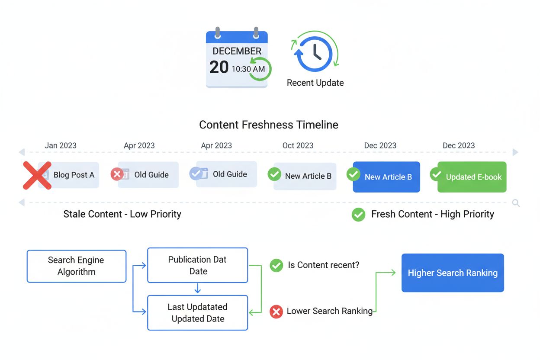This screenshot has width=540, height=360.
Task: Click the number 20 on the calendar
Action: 219,67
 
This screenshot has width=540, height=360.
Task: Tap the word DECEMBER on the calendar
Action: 237,51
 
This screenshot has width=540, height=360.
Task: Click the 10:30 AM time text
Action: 248,69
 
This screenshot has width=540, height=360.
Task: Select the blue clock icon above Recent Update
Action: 315,54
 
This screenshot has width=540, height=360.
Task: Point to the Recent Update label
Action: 315,83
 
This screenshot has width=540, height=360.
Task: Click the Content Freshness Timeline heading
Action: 268,125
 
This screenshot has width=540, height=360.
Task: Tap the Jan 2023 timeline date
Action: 61,145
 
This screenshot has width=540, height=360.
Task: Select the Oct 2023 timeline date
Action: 298,145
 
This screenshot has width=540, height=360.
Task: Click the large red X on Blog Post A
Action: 37,175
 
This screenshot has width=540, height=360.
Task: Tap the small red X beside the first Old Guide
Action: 117,174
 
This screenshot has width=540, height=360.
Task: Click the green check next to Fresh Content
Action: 358,214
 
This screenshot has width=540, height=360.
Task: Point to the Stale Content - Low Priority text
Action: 122,214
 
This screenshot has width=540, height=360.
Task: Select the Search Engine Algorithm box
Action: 77,266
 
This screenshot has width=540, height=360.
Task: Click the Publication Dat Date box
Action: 198,265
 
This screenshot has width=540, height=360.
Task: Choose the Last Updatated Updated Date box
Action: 198,313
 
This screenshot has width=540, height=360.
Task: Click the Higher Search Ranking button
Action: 453,273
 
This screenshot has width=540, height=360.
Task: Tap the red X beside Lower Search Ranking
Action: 276,312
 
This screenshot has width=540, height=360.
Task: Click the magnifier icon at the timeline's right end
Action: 516,202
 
